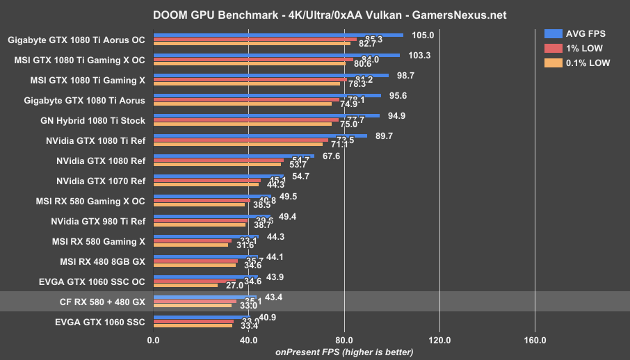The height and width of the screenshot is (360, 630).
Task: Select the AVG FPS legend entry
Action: coord(573,34)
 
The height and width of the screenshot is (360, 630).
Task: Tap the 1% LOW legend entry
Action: coord(573,48)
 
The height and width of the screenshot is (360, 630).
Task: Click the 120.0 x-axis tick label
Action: coord(439,341)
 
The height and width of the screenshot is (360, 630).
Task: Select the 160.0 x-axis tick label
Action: coord(535,341)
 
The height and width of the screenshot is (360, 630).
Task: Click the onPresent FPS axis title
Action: coord(344,352)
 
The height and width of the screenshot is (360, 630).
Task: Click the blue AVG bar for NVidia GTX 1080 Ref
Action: coord(234,156)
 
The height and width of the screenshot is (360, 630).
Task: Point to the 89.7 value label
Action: coord(384,136)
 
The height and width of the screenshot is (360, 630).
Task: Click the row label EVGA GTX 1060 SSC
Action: coord(102,322)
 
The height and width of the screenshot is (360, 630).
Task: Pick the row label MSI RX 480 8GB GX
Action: coord(102,261)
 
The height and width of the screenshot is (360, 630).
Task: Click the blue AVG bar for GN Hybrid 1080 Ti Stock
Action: coord(266,115)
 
